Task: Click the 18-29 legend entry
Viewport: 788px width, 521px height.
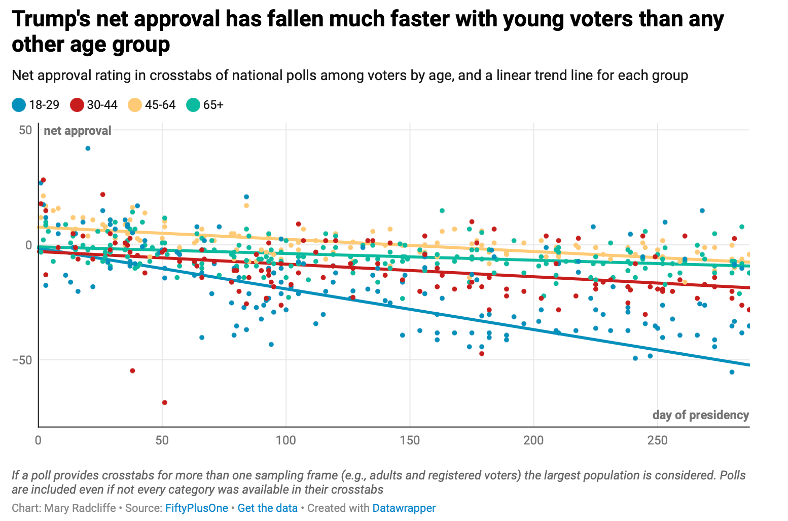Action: point(35,105)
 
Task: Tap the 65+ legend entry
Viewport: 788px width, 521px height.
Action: point(205,105)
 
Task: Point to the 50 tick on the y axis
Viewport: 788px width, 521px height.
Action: point(25,130)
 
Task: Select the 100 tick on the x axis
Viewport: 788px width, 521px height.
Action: point(286,440)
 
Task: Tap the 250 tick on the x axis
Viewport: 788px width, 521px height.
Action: point(658,440)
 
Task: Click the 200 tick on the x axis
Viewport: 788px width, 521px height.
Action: point(534,440)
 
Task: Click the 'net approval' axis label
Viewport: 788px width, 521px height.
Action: point(78,131)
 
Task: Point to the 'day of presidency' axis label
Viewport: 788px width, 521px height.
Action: point(700,415)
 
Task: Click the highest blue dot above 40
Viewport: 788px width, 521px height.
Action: point(88,148)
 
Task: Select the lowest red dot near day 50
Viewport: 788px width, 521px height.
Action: point(164,402)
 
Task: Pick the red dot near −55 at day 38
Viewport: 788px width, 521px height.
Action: point(132,370)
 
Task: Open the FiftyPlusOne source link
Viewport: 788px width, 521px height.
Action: point(196,508)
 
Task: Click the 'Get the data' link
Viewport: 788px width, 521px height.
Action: point(267,508)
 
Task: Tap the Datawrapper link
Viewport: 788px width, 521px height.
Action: point(404,508)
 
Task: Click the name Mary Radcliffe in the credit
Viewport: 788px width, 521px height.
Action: point(80,508)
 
